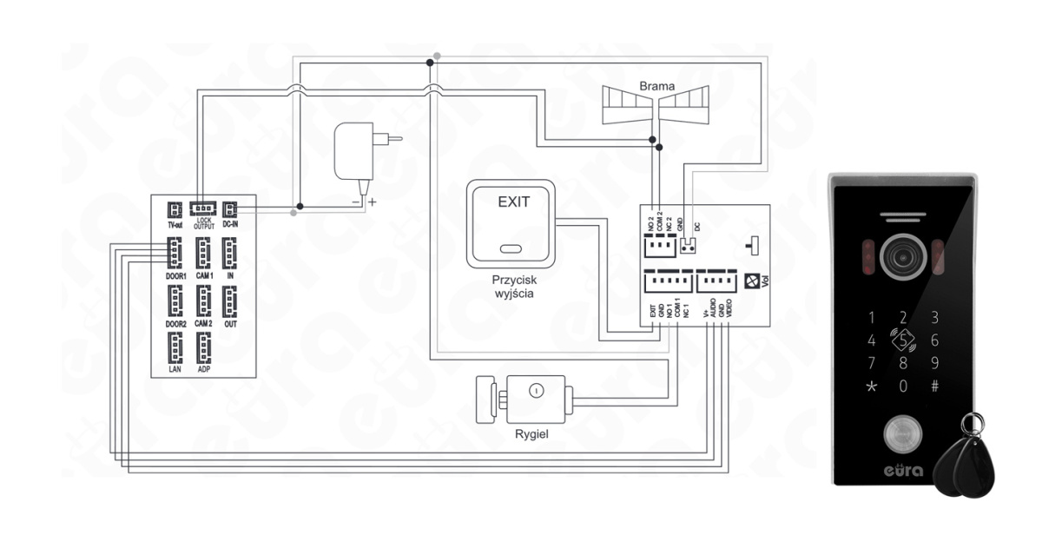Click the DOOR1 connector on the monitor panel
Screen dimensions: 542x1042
174,253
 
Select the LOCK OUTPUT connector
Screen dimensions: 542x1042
204,208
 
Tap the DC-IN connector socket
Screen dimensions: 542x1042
230,209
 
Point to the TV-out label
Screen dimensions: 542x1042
175,224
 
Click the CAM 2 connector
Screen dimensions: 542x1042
203,301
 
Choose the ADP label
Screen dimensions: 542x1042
204,368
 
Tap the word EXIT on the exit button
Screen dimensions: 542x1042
511,202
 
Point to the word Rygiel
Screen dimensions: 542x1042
531,433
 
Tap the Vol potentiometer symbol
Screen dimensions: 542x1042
752,281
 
